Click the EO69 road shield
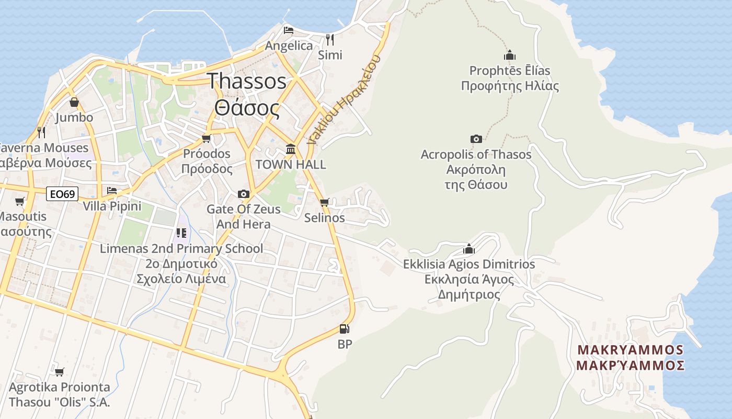point(62,194)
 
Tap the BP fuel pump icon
point(344,329)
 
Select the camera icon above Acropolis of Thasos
point(476,139)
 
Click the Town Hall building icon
point(291,149)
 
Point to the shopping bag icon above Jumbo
point(74,102)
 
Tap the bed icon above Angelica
point(289,30)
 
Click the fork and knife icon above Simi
point(330,39)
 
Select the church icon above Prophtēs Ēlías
point(510,55)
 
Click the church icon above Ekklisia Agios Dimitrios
point(469,249)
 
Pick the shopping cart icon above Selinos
point(325,202)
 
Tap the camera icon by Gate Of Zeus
point(243,194)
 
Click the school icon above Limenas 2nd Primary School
point(181,233)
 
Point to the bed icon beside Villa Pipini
point(112,191)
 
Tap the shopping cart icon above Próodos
point(207,138)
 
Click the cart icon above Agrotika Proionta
point(60,372)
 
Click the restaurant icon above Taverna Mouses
point(41,132)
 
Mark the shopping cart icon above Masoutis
point(20,201)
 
